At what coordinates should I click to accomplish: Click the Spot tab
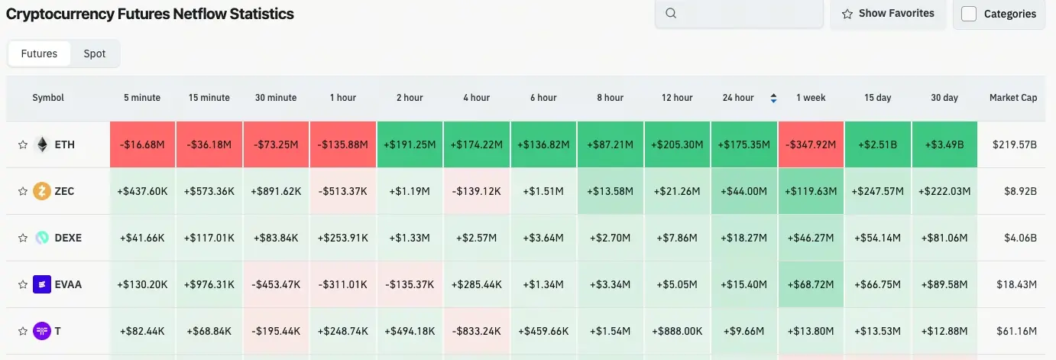pyautogui.click(x=94, y=54)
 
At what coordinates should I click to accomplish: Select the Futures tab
pyautogui.click(x=39, y=54)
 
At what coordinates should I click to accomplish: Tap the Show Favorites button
pyautogui.click(x=888, y=14)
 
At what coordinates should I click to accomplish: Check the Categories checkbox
pyautogui.click(x=969, y=14)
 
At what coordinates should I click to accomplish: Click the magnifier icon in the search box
pyautogui.click(x=671, y=13)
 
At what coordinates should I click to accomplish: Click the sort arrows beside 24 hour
pyautogui.click(x=773, y=98)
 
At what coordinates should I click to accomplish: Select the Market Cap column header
pyautogui.click(x=1013, y=98)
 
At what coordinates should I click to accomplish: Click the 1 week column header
pyautogui.click(x=811, y=98)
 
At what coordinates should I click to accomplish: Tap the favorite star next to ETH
pyautogui.click(x=23, y=144)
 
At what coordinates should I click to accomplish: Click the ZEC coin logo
pyautogui.click(x=42, y=191)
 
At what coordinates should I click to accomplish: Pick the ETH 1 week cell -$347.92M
pyautogui.click(x=811, y=144)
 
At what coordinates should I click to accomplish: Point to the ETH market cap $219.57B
pyautogui.click(x=1015, y=144)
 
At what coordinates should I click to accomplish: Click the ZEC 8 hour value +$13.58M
pyautogui.click(x=610, y=191)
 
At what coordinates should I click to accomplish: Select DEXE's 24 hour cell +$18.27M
pyautogui.click(x=744, y=238)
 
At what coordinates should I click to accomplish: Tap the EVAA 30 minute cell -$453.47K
pyautogui.click(x=276, y=284)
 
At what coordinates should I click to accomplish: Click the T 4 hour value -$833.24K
pyautogui.click(x=476, y=331)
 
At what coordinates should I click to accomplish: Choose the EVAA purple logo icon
pyautogui.click(x=42, y=284)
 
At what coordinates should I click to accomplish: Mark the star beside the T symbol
pyautogui.click(x=23, y=331)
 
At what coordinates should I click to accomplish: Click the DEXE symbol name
pyautogui.click(x=68, y=238)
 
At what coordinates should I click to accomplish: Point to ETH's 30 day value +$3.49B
pyautogui.click(x=944, y=144)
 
